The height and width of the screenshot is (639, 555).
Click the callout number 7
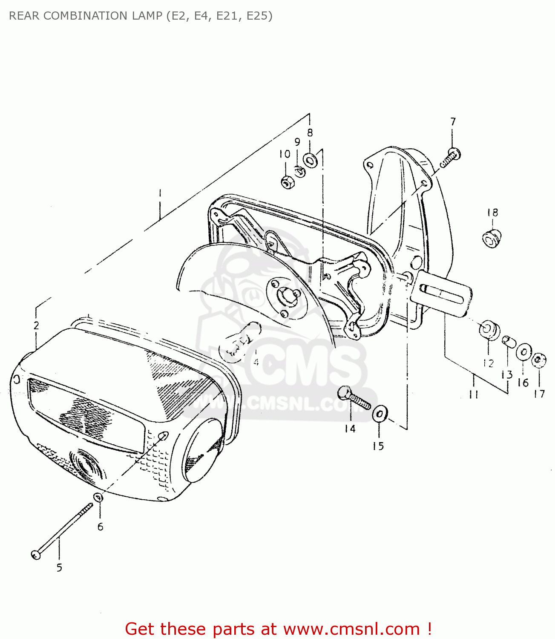click(x=453, y=122)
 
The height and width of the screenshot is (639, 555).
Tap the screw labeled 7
click(x=450, y=158)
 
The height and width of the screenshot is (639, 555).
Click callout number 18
click(x=492, y=212)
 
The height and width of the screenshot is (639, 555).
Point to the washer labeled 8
click(x=310, y=161)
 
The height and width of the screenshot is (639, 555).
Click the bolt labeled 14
click(x=354, y=398)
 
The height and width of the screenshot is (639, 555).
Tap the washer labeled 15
click(x=380, y=414)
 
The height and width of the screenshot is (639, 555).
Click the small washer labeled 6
click(x=98, y=498)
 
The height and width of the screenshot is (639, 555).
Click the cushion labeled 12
click(x=488, y=330)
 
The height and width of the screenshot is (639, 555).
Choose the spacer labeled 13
click(x=509, y=342)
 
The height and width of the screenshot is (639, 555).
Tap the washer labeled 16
click(x=524, y=352)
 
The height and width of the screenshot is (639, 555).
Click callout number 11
click(x=474, y=394)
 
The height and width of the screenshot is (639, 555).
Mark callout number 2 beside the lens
click(x=36, y=326)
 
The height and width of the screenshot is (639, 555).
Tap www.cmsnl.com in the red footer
click(x=351, y=629)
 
